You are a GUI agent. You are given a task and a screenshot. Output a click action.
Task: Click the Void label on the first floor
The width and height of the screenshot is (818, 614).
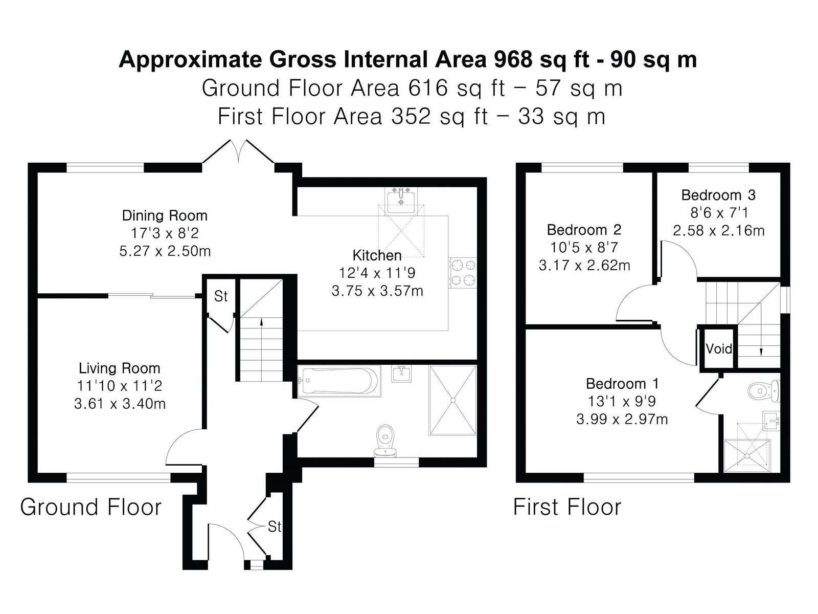(718, 349)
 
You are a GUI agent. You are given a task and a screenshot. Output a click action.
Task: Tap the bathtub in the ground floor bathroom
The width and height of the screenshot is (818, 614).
(338, 381)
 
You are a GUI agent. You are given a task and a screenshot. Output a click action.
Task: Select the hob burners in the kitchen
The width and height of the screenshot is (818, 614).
(463, 273)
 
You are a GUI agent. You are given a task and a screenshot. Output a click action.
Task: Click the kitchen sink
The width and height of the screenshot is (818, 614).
(401, 200)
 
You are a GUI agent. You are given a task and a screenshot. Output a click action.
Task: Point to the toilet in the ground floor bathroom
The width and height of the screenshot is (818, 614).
(385, 441)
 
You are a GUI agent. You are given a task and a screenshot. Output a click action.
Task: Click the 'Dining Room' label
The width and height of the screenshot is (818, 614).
(165, 215)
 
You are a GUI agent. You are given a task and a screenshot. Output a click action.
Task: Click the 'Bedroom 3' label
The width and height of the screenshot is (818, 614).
(718, 195)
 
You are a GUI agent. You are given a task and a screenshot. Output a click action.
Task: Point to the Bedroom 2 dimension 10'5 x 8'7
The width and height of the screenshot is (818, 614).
(584, 248)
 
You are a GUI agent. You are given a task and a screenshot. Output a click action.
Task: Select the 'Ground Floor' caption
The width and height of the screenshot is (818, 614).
(91, 507)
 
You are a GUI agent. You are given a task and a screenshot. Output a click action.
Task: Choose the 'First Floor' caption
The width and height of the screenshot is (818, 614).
(567, 507)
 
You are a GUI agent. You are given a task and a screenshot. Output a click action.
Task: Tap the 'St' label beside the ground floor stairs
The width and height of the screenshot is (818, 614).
(221, 296)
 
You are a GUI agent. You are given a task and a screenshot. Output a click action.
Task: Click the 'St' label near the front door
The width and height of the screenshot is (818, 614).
(274, 527)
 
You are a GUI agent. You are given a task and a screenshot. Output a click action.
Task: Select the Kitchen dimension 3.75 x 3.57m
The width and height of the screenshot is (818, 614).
(377, 291)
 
